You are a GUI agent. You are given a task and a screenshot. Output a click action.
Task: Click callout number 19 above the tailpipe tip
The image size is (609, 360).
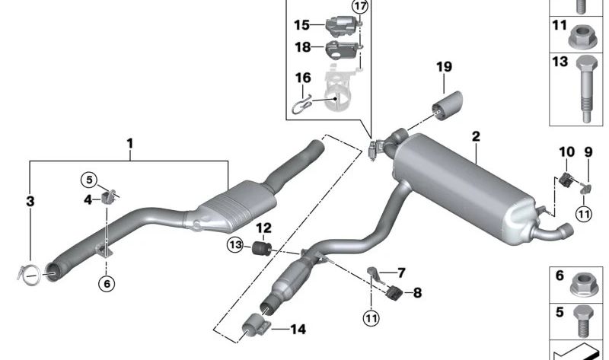pos(444,68)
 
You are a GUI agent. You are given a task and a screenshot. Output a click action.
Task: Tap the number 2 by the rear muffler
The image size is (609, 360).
pos(476,137)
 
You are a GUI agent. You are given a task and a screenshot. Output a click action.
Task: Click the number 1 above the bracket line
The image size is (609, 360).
pos(130,143)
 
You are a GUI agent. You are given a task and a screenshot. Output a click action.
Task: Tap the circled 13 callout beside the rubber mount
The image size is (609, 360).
pos(236,244)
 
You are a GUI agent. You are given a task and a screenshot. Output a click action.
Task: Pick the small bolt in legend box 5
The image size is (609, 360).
pos(585,320)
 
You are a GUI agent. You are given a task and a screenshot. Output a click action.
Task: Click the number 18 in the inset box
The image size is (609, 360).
pos(302,46)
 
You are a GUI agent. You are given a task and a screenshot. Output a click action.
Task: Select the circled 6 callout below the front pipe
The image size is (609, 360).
pos(107,283)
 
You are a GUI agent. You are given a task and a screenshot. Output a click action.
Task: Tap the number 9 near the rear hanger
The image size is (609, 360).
pos(588,152)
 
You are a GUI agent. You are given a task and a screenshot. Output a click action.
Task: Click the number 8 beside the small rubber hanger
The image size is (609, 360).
pos(417,292)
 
